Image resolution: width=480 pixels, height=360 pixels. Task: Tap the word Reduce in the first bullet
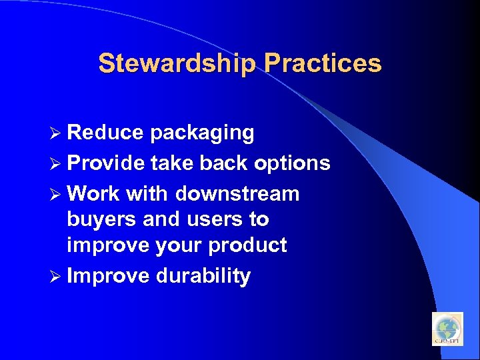coord(105,133)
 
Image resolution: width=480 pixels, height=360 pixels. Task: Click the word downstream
coord(237,194)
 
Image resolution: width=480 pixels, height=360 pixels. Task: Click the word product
coord(247,246)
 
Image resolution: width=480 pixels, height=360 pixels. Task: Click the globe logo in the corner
coord(447,329)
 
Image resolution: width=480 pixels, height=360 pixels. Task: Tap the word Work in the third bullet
coord(93,194)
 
